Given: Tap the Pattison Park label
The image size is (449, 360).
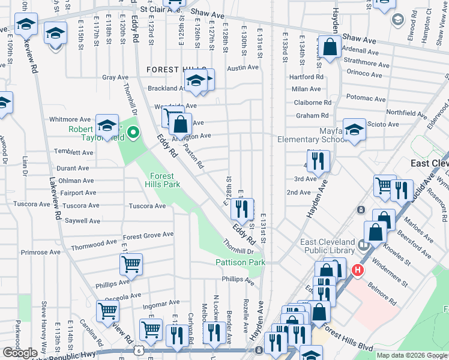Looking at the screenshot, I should pos(240,263).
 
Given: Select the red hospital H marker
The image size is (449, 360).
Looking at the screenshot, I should pos(358,271).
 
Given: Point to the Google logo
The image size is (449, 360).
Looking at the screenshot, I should pos(20,353).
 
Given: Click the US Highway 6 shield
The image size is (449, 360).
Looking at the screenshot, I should pos(140,350).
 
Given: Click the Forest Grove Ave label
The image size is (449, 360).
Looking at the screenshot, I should pos(148,235).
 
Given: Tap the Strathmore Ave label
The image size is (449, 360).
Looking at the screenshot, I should pos(363,61).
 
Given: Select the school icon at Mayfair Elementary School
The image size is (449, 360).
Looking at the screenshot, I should pos(354,130).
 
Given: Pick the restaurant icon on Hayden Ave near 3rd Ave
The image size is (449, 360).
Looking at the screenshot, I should pos(318,161).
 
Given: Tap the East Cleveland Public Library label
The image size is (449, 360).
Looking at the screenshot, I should pos(329,247).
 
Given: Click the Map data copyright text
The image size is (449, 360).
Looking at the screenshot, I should pos(411,355).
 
